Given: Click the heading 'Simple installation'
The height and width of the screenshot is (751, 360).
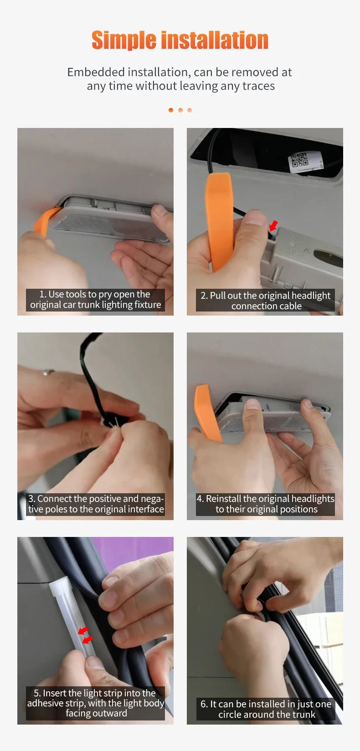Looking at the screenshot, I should (x=180, y=40).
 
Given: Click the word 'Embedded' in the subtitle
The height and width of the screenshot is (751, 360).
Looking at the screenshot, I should (x=96, y=72).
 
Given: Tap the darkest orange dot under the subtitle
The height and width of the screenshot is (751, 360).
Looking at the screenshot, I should (x=171, y=110).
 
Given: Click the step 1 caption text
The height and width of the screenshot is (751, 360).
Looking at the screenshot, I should (x=95, y=300).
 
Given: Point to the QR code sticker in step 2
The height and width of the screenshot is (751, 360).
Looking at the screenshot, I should (x=299, y=161).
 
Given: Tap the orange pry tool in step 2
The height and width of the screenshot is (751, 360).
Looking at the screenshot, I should (x=219, y=219).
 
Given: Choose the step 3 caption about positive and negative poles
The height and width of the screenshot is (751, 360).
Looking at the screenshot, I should (x=95, y=504).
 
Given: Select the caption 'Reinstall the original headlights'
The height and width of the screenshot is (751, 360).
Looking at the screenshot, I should (x=265, y=504).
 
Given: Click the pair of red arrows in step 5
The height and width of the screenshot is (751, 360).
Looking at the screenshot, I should (x=84, y=635).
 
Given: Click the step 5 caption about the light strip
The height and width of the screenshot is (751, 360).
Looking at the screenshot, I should (x=95, y=703).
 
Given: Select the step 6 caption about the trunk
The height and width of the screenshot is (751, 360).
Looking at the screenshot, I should (x=266, y=709).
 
